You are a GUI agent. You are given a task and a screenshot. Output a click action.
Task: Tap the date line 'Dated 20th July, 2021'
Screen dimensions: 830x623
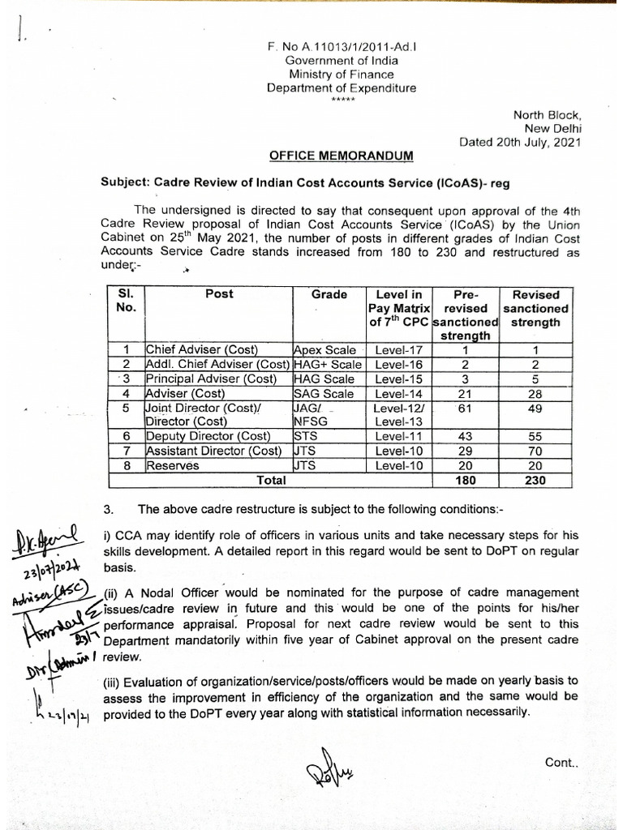[522, 141]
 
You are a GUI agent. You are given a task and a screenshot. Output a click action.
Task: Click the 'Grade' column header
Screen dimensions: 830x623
[329, 295]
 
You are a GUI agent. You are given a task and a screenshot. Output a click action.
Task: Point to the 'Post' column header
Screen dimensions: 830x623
[219, 295]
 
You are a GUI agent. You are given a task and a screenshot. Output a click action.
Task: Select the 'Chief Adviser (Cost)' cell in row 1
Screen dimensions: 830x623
[200, 350]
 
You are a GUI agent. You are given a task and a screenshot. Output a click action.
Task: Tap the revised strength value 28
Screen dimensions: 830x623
[535, 393]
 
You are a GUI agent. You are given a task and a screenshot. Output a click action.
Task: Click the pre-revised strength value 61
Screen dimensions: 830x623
[464, 408]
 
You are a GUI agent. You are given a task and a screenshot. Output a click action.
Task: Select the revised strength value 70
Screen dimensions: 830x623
[535, 451]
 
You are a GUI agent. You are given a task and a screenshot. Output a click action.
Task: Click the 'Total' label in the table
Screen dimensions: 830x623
[271, 480]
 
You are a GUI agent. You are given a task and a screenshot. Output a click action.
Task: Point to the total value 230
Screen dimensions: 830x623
[535, 480]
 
